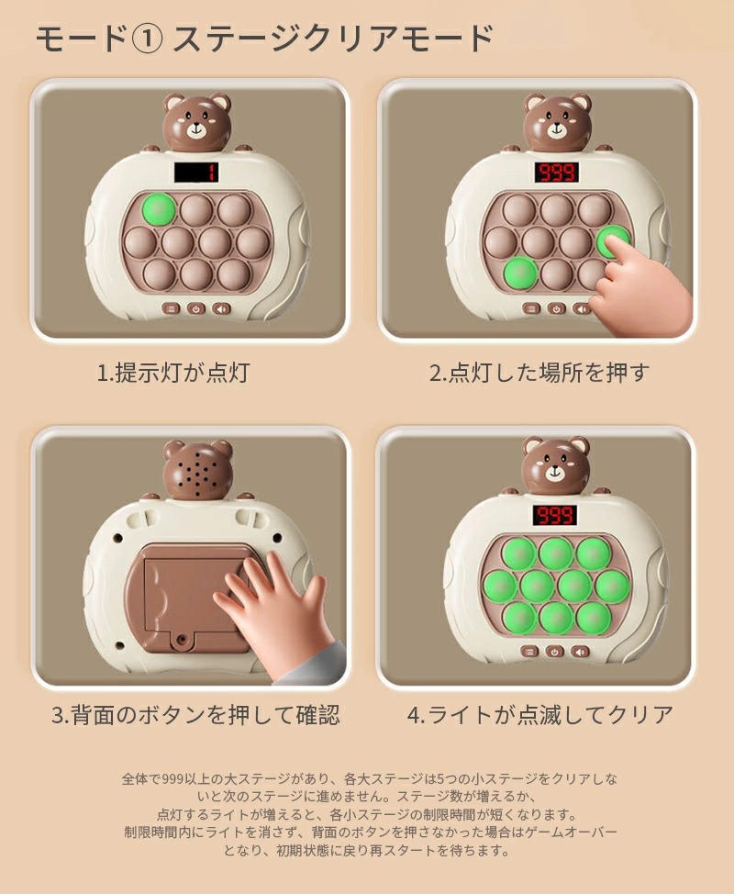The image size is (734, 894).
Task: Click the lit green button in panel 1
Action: click(159, 210)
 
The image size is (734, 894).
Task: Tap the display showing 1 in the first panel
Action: click(196, 173)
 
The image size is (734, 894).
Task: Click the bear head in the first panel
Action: click(197, 122)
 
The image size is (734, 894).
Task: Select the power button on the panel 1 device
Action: click(196, 308)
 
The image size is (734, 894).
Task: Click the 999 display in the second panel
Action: click(556, 173)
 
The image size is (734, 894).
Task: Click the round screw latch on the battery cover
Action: click(183, 641)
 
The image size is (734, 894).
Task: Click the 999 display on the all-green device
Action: click(554, 516)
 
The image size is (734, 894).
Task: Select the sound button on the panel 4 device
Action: click(580, 651)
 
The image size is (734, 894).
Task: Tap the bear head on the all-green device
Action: click(556, 465)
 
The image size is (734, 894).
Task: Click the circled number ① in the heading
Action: click(147, 39)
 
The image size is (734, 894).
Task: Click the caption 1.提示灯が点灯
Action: click(173, 373)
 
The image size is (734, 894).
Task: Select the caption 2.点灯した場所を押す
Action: click(539, 373)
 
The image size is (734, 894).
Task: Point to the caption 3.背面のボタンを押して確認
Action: click(195, 714)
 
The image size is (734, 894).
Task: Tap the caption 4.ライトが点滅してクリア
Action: click(540, 714)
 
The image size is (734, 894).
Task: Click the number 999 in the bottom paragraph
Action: click(172, 779)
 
